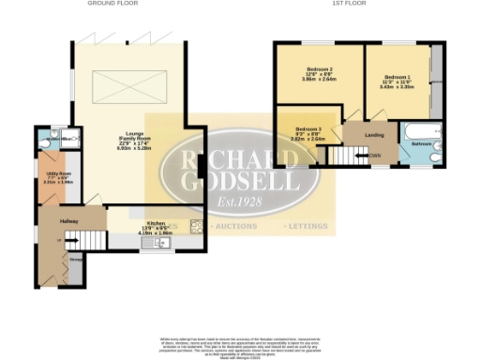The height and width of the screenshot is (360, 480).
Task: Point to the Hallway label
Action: point(69,220)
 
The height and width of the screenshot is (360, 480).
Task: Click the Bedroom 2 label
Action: point(319,72)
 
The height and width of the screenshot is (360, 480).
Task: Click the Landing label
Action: point(360,134)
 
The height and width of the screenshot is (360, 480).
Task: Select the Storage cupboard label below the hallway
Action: point(73,262)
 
